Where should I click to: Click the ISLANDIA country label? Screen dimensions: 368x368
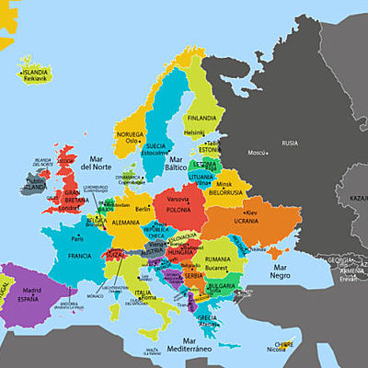(x=35, y=71)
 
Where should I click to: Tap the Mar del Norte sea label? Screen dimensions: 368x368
(x=96, y=163)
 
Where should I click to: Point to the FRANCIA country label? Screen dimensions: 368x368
(x=72, y=255)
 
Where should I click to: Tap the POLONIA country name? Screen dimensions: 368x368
(x=178, y=208)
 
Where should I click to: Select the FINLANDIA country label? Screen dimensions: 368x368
(x=201, y=118)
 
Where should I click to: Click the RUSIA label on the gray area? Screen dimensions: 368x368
(x=290, y=143)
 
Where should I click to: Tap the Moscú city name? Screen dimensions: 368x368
(x=258, y=153)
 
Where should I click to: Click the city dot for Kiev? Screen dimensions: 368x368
(x=243, y=213)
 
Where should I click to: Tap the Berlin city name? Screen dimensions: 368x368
(x=142, y=209)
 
